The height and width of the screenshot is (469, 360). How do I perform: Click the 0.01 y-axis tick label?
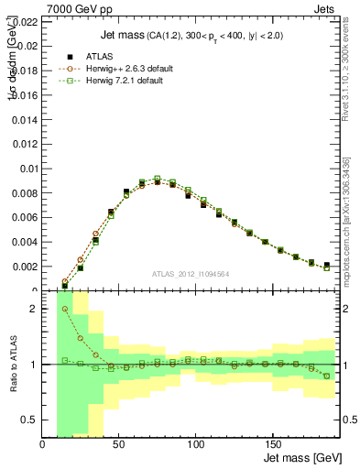coord(28,169)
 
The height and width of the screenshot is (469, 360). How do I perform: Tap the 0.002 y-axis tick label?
coord(26,267)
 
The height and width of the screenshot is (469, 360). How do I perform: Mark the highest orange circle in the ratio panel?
coord(65,310)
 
